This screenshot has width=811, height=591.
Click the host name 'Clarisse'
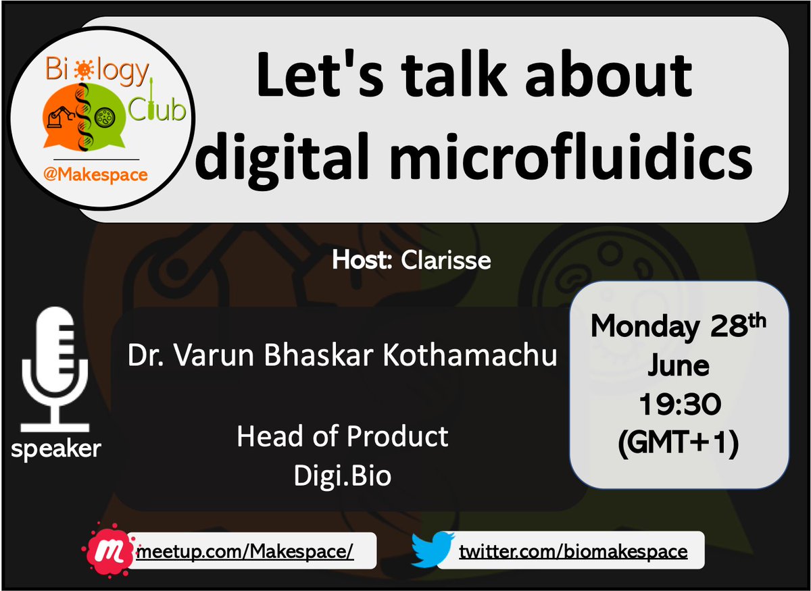pyautogui.click(x=445, y=260)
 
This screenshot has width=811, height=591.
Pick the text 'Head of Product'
pyautogui.click(x=343, y=437)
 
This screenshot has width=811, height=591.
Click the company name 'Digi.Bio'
pyautogui.click(x=343, y=476)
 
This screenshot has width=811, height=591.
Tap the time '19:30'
pyautogui.click(x=679, y=405)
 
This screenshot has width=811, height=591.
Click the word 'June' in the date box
pyautogui.click(x=679, y=366)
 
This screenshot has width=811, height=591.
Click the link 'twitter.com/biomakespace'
pyautogui.click(x=573, y=552)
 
